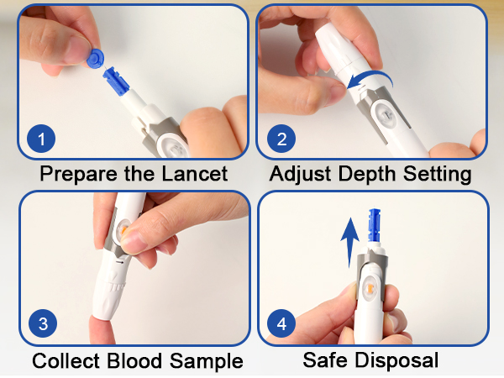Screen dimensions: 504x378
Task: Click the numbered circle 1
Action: (x=41, y=139)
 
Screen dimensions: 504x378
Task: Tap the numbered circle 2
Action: (x=281, y=139)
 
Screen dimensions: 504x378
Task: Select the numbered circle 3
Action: (x=43, y=323)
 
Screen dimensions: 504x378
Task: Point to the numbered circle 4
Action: (x=281, y=323)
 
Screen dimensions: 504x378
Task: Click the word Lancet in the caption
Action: (x=195, y=174)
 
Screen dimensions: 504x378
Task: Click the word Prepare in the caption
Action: (x=78, y=175)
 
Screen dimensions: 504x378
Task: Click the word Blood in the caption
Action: (x=134, y=360)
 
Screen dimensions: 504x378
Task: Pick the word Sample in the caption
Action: (x=207, y=361)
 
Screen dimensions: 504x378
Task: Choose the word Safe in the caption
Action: (x=325, y=360)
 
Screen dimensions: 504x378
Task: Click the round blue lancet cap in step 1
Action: (x=96, y=59)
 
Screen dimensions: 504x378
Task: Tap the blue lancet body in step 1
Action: (x=116, y=81)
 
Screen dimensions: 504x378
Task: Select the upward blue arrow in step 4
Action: (x=350, y=242)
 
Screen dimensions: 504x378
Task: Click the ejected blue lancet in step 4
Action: (x=374, y=225)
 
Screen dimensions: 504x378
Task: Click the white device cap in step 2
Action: (x=338, y=48)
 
